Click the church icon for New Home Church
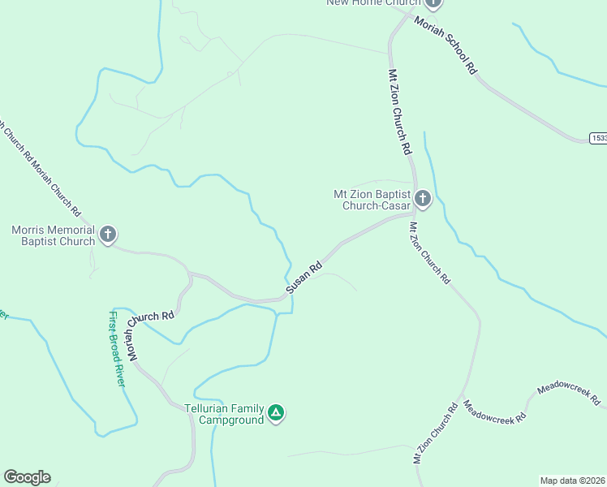tap(433, 2)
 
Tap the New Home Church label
tap(374, 2)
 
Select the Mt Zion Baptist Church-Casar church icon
tap(423, 199)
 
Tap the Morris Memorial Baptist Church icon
tap(107, 235)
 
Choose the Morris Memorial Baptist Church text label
tap(54, 235)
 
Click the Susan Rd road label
tap(304, 278)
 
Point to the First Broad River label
tap(118, 348)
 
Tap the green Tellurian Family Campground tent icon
tap(277, 414)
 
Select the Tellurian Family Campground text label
tap(225, 414)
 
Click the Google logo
tap(27, 477)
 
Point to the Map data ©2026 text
tap(573, 481)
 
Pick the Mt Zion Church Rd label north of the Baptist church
tap(400, 112)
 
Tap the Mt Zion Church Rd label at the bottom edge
tap(437, 433)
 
